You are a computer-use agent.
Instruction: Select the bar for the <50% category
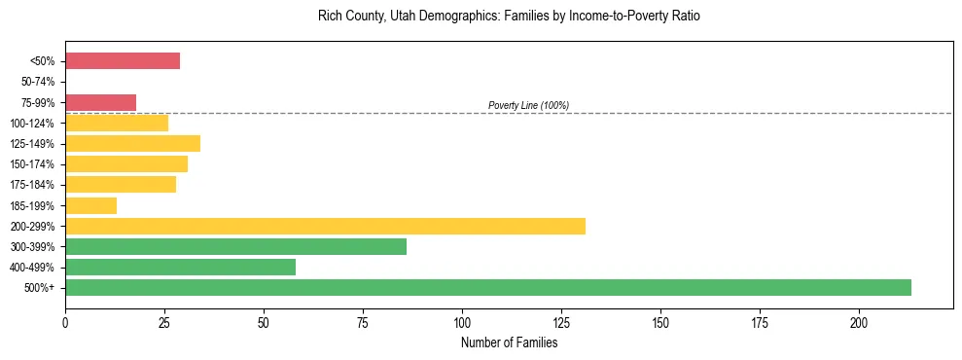(123, 61)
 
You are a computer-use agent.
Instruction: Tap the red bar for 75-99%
(100, 102)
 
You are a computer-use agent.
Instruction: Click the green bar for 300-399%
(235, 246)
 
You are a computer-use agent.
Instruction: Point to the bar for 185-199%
(90, 205)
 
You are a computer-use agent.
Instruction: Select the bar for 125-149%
(132, 144)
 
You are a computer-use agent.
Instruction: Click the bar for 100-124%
(117, 123)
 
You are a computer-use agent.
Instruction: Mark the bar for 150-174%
(126, 164)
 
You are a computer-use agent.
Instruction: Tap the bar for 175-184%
(121, 185)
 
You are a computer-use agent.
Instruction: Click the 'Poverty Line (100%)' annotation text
(528, 105)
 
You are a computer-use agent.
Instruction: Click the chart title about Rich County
(509, 17)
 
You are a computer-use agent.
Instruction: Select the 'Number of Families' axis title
(509, 342)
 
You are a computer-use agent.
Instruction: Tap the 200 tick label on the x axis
(859, 322)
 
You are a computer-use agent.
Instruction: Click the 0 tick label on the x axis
(65, 322)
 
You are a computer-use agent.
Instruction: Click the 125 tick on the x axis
(561, 322)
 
